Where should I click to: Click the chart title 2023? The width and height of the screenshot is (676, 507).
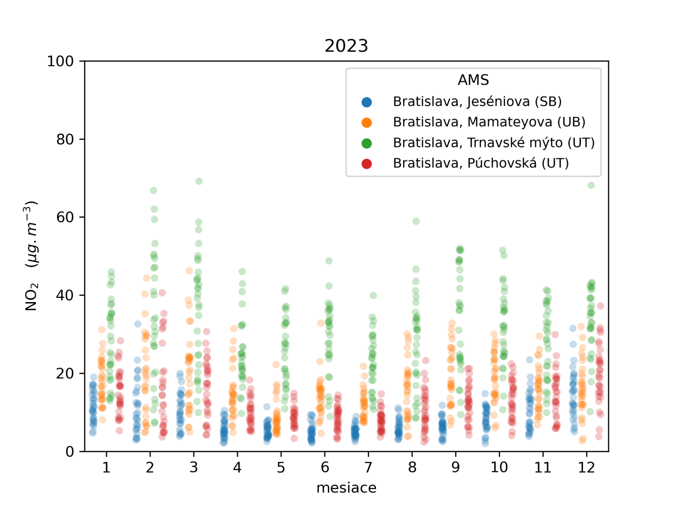point(346,46)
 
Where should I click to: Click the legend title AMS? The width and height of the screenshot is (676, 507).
point(473,80)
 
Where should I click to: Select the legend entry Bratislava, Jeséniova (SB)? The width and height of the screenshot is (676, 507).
point(477,101)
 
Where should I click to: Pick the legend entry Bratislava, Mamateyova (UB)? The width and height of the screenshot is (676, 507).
point(489,122)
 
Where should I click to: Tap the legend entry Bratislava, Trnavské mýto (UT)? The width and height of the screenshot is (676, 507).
point(493,143)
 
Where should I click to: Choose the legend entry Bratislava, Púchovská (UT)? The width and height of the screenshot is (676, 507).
point(481,163)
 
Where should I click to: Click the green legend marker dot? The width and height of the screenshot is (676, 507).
point(367,143)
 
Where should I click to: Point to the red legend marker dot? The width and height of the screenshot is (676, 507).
point(367,164)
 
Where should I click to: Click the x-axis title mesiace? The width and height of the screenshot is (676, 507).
point(346,488)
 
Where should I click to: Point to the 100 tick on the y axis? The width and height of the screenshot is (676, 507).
point(60,61)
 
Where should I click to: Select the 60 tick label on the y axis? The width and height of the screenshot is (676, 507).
point(65,217)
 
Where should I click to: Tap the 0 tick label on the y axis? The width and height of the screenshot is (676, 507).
point(70,452)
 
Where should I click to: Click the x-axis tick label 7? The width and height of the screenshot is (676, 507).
point(368,467)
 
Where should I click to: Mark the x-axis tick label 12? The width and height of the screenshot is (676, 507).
point(586,467)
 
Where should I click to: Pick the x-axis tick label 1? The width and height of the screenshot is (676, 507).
point(106,467)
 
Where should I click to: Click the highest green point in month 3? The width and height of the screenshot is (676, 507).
point(199,181)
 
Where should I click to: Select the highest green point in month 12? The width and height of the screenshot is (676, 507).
point(591,185)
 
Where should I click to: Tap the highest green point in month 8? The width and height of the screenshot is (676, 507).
point(416,221)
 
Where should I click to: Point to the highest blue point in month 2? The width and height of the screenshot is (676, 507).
point(138,324)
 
